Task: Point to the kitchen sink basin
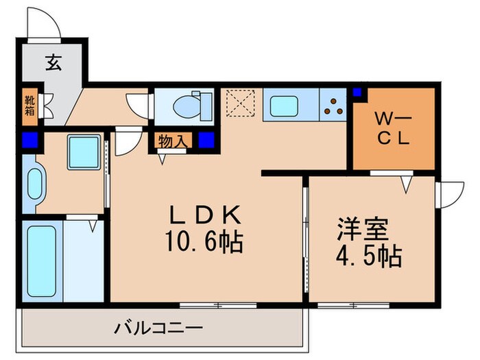[x=283, y=106]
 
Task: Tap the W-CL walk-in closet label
[x=392, y=127]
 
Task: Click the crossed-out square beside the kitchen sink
[x=240, y=106]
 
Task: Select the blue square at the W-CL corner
[x=357, y=92]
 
